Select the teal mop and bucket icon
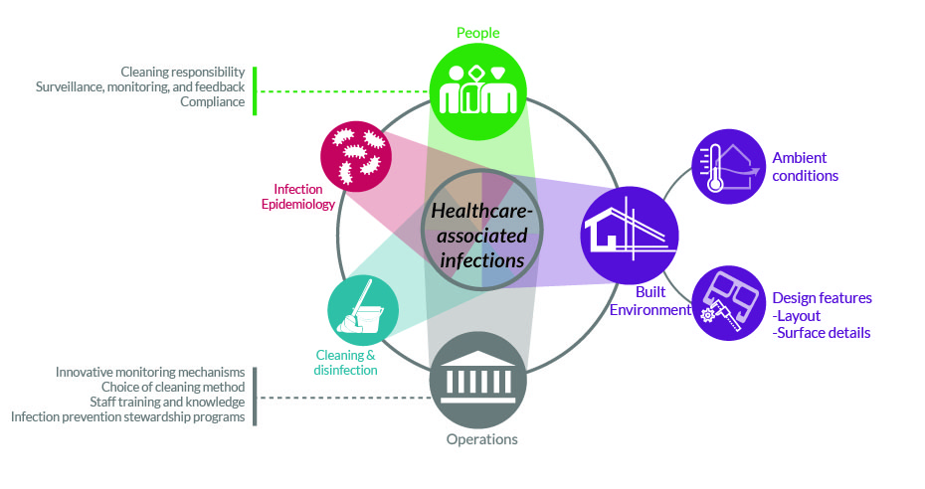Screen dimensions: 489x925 (x=364, y=309)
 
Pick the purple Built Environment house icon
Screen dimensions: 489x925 (x=630, y=236)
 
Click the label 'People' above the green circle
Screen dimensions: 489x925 (x=477, y=33)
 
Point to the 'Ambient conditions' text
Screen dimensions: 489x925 (x=805, y=167)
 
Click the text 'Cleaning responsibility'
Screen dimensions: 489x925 (x=182, y=72)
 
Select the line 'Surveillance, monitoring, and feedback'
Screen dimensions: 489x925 (x=140, y=86)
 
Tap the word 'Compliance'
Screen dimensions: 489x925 (x=212, y=101)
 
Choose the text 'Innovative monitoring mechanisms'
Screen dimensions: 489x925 (x=150, y=372)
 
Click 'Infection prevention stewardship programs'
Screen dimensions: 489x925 (x=127, y=416)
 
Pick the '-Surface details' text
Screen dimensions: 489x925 (x=821, y=333)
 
